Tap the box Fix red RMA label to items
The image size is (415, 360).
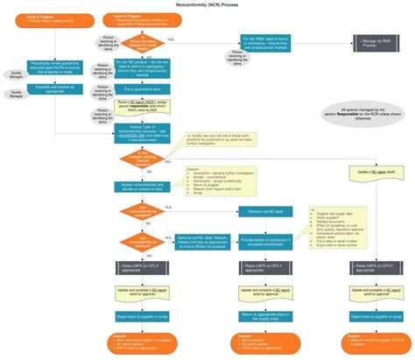265,43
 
